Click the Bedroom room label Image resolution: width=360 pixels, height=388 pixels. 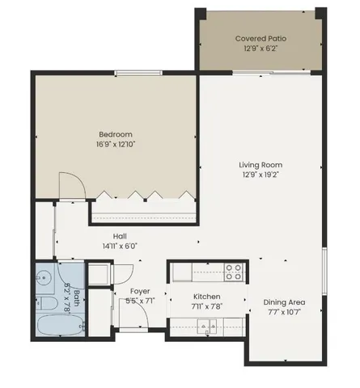pos(116,134)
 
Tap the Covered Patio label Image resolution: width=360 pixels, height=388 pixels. pos(260,38)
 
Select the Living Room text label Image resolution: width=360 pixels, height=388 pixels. pos(260,165)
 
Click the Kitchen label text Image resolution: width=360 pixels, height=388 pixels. pos(207,297)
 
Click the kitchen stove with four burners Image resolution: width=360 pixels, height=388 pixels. pos(234,272)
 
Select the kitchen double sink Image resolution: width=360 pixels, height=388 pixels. pos(209,326)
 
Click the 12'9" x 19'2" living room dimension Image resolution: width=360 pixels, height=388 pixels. pos(260,175)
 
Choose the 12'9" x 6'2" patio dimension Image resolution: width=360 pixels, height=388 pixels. pos(260,48)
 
